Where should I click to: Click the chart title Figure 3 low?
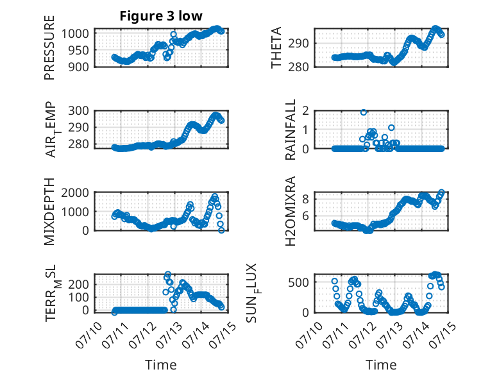coord(161,16)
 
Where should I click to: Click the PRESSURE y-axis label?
coord(49,47)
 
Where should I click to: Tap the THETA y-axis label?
coord(276,47)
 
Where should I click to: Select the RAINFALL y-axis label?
coord(291,130)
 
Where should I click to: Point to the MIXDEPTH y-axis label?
coord(49,212)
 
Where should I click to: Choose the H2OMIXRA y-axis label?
coord(291,211)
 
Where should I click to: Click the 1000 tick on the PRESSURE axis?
coord(74,33)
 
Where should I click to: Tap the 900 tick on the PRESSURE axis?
coord(78,67)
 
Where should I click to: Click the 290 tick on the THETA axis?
coord(298,43)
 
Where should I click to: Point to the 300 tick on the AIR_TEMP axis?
coord(78,111)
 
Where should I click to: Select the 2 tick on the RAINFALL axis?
coord(305,111)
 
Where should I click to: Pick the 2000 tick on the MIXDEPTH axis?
coord(74,192)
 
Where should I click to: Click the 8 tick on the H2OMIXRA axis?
coord(305,200)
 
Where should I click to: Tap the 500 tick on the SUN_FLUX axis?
coord(298,282)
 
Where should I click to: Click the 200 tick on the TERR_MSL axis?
coord(78,284)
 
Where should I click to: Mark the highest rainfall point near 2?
coord(364,112)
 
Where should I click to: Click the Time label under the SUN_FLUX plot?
coord(381,365)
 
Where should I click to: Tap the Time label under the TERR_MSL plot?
coord(161,365)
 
